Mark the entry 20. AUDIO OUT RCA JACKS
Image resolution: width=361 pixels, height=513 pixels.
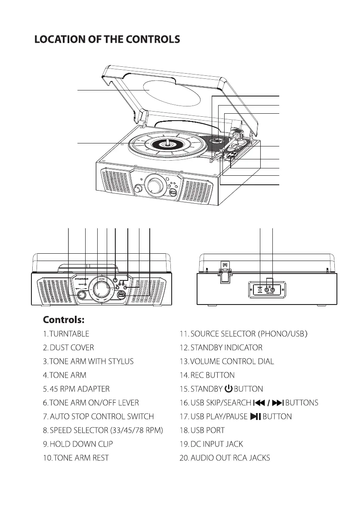[x=225, y=458]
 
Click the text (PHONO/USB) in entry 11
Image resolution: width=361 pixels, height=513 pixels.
[x=283, y=334]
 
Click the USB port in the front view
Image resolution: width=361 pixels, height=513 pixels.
[x=121, y=295]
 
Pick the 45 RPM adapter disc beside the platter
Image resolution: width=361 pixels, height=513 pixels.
[x=216, y=140]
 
